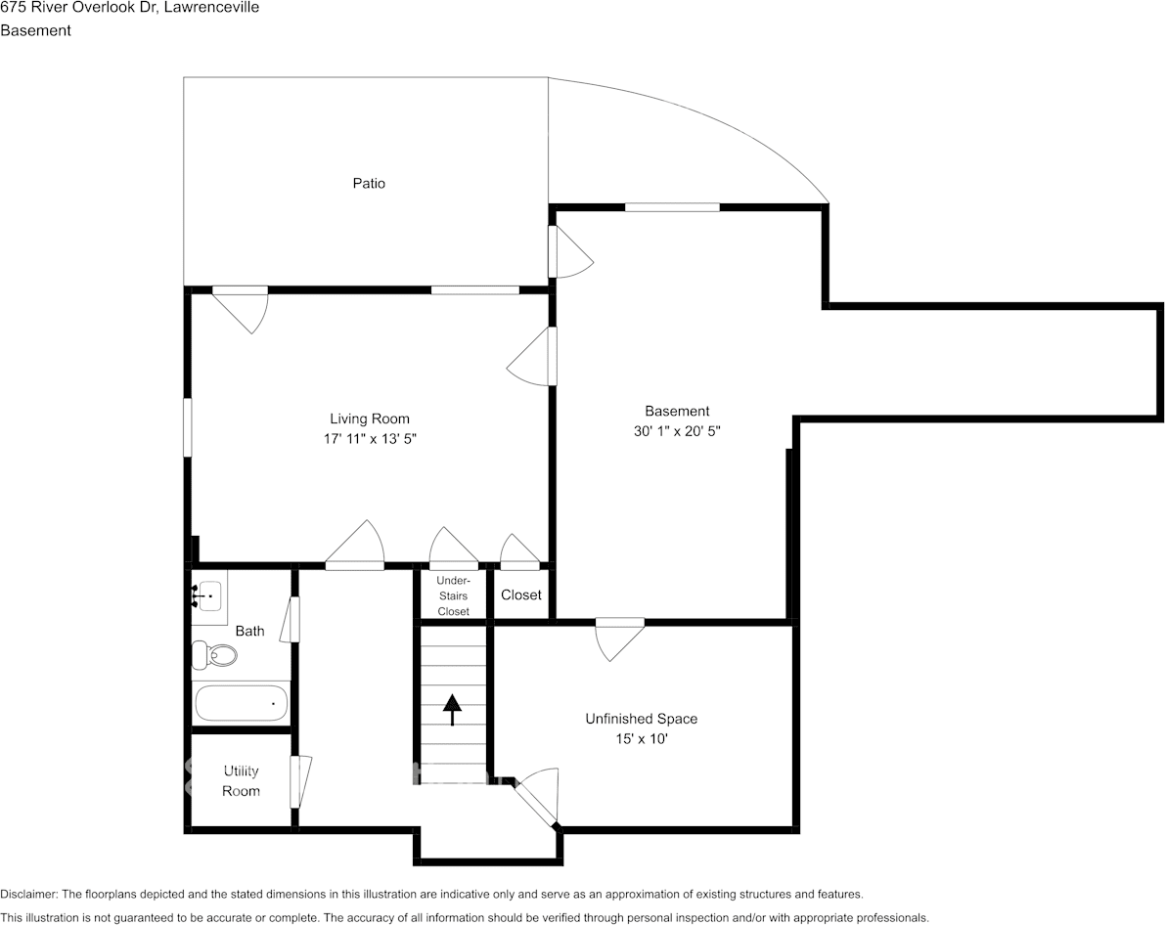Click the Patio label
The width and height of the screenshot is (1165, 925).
tap(369, 183)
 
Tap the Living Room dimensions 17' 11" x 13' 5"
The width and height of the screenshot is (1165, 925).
tap(369, 439)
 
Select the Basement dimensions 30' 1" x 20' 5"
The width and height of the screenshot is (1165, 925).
tap(677, 430)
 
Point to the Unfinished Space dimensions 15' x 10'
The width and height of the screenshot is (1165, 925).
tap(641, 739)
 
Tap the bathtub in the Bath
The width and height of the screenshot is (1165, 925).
tap(241, 703)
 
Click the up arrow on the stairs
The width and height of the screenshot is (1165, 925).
tap(452, 709)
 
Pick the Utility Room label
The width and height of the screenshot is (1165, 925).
tap(241, 780)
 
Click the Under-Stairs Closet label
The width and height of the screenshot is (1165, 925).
tap(453, 595)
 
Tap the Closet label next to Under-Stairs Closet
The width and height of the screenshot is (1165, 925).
tap(520, 595)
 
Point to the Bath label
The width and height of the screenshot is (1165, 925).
tap(249, 631)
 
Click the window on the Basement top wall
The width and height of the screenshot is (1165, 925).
tap(672, 206)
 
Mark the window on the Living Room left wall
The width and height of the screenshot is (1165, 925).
tap(188, 426)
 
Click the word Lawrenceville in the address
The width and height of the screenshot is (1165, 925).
tap(213, 8)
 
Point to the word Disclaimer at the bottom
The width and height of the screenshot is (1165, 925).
tap(28, 894)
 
